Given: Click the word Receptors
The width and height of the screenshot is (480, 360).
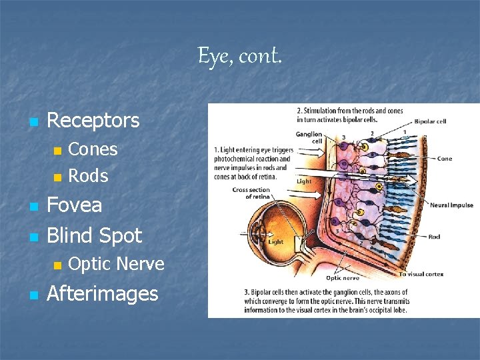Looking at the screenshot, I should [x=93, y=121].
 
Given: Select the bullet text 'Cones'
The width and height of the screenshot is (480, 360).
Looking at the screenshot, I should [x=93, y=149].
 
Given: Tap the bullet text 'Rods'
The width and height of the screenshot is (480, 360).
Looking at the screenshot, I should [x=88, y=176].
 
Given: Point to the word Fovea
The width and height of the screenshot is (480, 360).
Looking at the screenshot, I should [x=74, y=205].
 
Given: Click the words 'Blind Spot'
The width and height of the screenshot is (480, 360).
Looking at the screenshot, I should [x=94, y=235].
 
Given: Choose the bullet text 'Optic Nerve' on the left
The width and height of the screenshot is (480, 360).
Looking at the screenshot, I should [x=116, y=264].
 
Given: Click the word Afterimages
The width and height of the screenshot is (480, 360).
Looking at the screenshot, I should [x=102, y=293].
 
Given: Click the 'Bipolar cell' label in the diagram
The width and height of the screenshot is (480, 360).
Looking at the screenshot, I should [x=430, y=122].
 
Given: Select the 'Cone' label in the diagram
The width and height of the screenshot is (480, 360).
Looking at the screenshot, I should [x=445, y=159].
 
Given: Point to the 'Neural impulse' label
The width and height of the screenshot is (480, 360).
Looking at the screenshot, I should [x=451, y=205].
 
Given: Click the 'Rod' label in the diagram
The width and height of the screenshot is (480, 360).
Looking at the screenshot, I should [x=434, y=236].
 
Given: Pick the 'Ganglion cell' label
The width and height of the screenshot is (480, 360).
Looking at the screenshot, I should [x=310, y=138].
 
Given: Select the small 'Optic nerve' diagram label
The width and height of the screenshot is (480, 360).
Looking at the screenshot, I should [x=342, y=278].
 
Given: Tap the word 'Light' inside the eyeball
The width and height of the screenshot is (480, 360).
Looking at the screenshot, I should [x=275, y=242].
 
